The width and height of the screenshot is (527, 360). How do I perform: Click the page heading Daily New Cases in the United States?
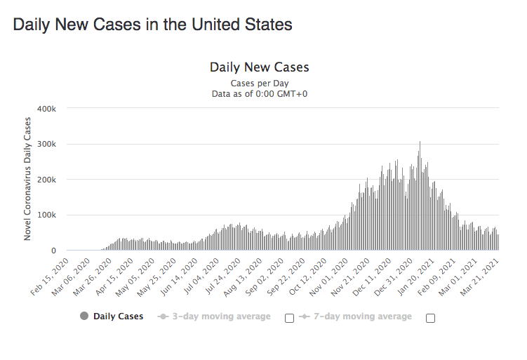point(152,25)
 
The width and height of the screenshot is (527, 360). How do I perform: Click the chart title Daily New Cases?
point(259,67)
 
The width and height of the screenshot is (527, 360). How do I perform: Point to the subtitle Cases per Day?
point(259,83)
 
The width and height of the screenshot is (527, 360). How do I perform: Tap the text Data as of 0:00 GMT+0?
point(259,93)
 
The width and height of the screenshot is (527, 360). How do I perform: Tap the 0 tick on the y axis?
point(53,251)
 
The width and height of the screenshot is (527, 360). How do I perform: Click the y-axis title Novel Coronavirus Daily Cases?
point(28,180)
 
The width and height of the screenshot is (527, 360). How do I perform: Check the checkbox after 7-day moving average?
point(430,318)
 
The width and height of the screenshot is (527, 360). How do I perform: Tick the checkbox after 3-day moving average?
point(289,318)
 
